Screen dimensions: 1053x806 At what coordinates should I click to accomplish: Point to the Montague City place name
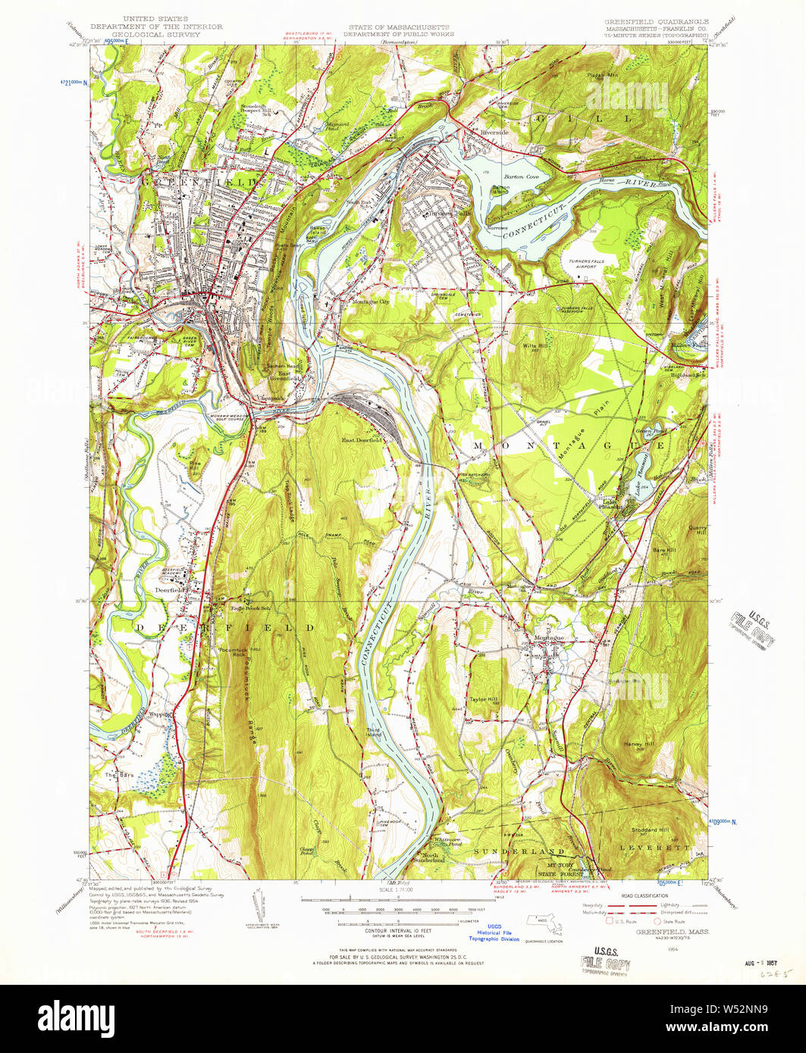pos(369,302)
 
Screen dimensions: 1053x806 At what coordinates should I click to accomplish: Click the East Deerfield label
pos(360,439)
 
